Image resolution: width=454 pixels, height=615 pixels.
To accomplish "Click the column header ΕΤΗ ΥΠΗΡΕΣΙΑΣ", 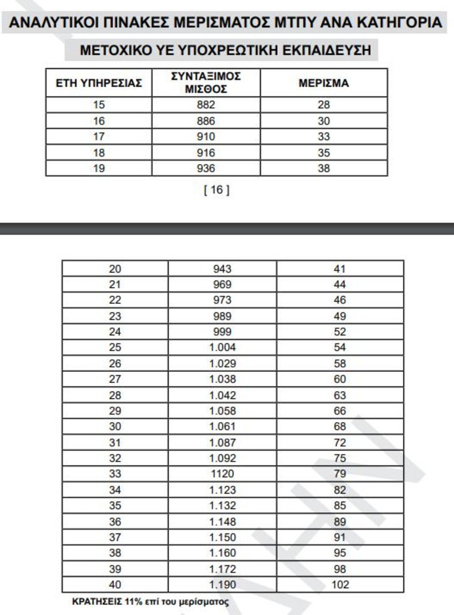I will tap(99, 83).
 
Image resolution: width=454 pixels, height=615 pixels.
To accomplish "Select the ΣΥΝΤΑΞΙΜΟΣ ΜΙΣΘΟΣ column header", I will tap(207, 83).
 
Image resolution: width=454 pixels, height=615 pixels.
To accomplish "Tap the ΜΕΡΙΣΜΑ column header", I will tap(323, 83).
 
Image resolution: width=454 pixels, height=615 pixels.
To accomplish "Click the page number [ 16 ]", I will tap(216, 190).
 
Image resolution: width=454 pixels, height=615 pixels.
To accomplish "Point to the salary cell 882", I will tap(207, 105).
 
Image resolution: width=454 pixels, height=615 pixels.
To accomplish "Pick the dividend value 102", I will tap(340, 585).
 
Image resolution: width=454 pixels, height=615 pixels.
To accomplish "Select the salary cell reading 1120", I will tap(222, 474).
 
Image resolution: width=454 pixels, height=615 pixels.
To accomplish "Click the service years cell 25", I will tap(115, 347).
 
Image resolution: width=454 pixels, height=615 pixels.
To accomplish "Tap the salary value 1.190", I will tap(222, 585).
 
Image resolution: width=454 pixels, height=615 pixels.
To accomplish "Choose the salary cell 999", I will tap(222, 332).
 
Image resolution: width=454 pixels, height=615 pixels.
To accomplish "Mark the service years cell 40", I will tap(115, 585).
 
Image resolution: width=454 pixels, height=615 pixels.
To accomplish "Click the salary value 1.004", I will tap(222, 347).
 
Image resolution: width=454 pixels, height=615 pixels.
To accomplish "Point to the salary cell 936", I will tap(207, 168).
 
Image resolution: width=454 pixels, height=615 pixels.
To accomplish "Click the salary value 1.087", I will tap(222, 442).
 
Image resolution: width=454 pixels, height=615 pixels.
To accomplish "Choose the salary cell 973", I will tap(222, 300).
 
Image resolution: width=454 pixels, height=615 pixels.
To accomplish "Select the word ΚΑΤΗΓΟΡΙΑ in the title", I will tap(400, 23).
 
